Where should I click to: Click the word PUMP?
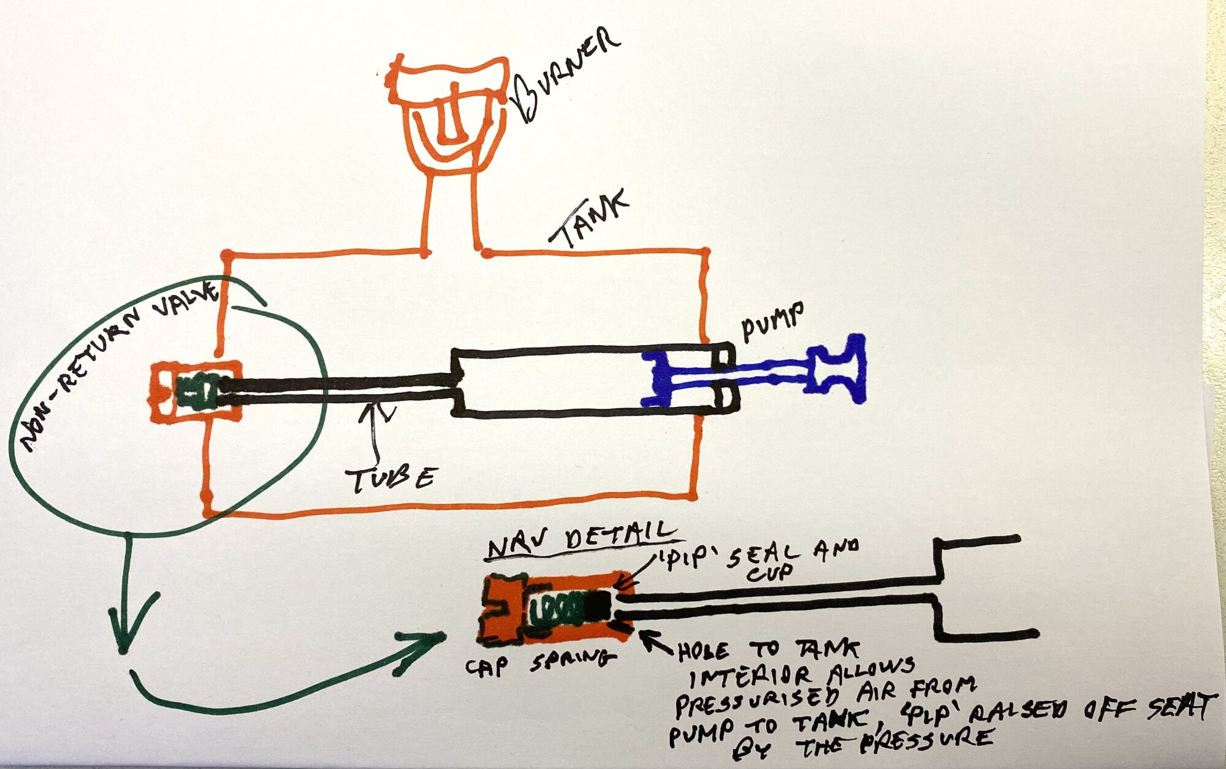point(773,321)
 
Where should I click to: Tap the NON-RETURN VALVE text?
point(116,362)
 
